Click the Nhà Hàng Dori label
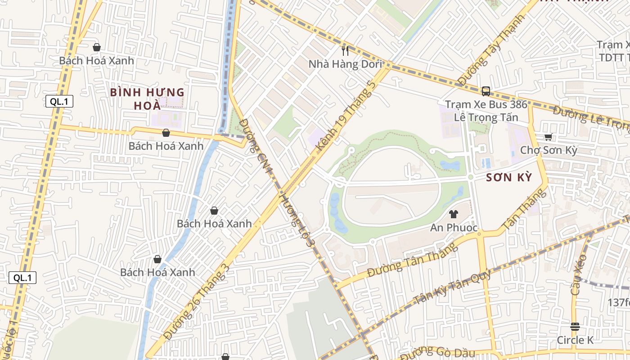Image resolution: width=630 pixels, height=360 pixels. point(345,64)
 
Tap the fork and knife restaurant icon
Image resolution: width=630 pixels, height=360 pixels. point(345,50)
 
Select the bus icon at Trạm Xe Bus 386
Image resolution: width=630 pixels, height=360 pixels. point(486,91)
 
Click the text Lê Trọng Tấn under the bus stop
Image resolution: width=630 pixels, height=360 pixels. point(486,118)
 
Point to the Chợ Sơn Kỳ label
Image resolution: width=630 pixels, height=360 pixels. point(549,150)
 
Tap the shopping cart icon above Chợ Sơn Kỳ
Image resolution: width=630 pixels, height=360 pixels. point(548,137)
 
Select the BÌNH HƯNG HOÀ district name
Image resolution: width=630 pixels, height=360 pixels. point(148,99)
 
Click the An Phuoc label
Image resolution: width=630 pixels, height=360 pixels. point(454,228)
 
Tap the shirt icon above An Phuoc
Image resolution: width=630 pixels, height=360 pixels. point(454,214)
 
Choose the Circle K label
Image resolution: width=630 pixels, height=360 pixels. point(575,340)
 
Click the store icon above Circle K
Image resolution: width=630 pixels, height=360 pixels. point(575,326)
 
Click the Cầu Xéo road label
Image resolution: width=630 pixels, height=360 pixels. point(578,275)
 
